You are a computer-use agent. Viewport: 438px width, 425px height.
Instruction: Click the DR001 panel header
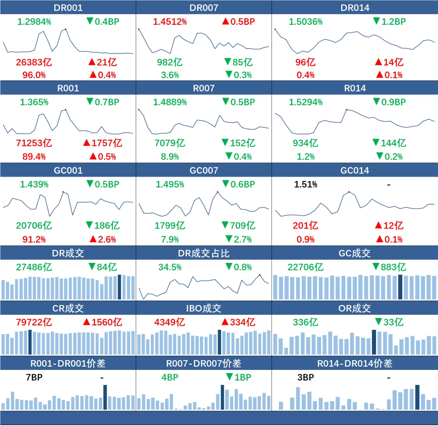pyautogui.click(x=68, y=8)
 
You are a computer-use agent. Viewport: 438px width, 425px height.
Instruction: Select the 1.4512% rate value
pyautogui.click(x=170, y=21)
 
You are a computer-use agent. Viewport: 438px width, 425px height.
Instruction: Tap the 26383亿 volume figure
pyautogui.click(x=34, y=62)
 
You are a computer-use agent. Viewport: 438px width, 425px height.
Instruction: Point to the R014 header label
pyautogui.click(x=354, y=88)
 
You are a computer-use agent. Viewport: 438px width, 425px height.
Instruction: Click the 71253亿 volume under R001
pyautogui.click(x=34, y=143)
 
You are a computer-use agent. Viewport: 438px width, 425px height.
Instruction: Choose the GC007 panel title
pyautogui.click(x=204, y=171)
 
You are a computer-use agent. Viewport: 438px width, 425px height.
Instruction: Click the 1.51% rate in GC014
pyautogui.click(x=305, y=185)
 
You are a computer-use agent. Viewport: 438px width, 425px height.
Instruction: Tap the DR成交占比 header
pyautogui.click(x=204, y=254)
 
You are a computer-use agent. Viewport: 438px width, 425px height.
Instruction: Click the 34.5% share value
pyautogui.click(x=170, y=267)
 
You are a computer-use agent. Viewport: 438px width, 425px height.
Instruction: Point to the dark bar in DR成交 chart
pyautogui.click(x=119, y=287)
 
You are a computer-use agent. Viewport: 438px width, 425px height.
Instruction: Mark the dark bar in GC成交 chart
pyautogui.click(x=400, y=287)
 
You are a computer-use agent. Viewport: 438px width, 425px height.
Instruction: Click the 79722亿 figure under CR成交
pyautogui.click(x=34, y=322)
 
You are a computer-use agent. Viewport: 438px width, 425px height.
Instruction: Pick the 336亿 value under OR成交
pyautogui.click(x=305, y=322)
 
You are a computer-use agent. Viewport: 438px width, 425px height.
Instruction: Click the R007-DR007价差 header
pyautogui.click(x=204, y=363)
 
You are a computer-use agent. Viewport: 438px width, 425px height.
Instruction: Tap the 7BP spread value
pyautogui.click(x=34, y=378)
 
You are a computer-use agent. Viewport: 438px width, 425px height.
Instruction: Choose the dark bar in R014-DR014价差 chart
pyautogui.click(x=417, y=397)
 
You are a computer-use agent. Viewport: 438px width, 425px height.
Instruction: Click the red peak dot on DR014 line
pyautogui.click(x=275, y=29)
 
